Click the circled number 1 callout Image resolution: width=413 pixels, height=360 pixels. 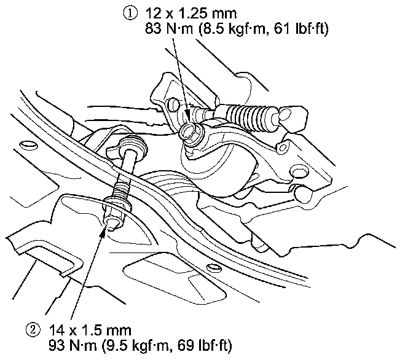[x=130, y=14]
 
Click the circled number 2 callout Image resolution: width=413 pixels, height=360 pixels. [x=33, y=331]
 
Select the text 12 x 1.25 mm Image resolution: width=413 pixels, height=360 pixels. [x=191, y=14]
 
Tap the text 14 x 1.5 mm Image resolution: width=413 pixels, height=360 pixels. [x=90, y=331]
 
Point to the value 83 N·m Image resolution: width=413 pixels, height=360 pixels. [x=168, y=28]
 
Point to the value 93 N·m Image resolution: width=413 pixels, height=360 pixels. [x=73, y=345]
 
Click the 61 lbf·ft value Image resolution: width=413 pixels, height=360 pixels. [x=301, y=29]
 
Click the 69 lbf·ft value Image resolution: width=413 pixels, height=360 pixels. [x=205, y=345]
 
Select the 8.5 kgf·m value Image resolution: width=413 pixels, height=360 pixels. [x=233, y=29]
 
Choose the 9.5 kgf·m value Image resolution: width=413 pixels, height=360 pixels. [x=137, y=345]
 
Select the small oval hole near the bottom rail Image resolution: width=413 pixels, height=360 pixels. [x=214, y=268]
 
